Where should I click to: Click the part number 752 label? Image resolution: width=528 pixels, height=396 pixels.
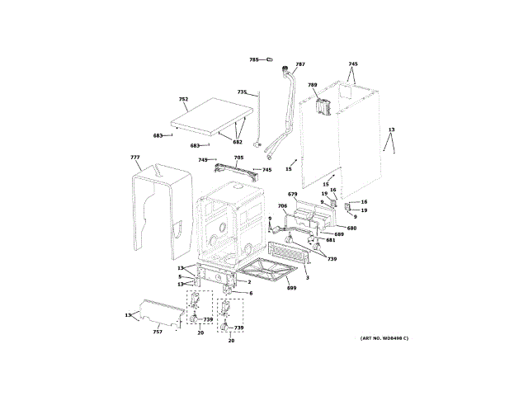pyautogui.click(x=183, y=99)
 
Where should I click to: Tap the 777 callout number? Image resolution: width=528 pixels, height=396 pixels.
pyautogui.click(x=135, y=157)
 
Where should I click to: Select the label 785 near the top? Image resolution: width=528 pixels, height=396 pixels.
pyautogui.click(x=254, y=60)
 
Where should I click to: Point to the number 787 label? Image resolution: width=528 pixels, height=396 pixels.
pyautogui.click(x=300, y=64)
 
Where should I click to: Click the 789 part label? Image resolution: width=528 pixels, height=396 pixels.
pyautogui.click(x=313, y=85)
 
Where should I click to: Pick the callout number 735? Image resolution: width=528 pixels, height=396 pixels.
pyautogui.click(x=242, y=92)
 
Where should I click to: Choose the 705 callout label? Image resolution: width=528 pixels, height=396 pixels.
pyautogui.click(x=238, y=158)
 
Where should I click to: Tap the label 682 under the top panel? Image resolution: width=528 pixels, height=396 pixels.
pyautogui.click(x=238, y=142)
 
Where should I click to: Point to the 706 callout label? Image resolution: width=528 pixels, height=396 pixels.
pyautogui.click(x=282, y=205)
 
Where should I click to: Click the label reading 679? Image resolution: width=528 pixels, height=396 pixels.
pyautogui.click(x=304, y=194)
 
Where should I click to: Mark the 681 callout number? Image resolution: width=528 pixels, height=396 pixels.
pyautogui.click(x=330, y=239)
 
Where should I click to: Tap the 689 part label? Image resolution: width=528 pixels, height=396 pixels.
pyautogui.click(x=339, y=234)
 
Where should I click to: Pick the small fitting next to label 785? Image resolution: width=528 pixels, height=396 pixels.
pyautogui.click(x=267, y=60)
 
